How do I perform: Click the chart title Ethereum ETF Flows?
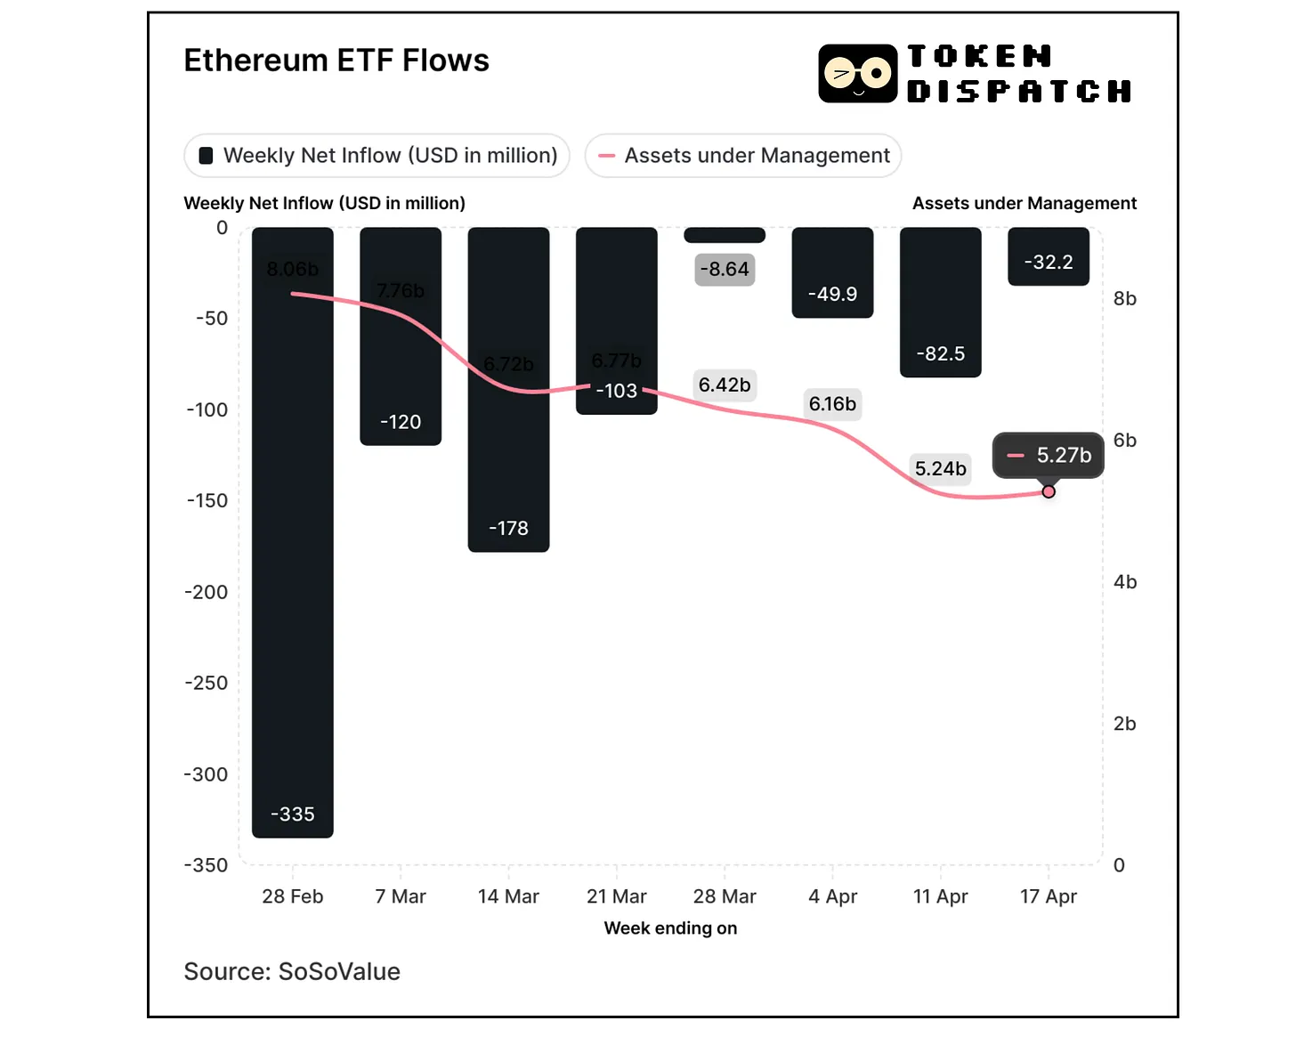(x=336, y=61)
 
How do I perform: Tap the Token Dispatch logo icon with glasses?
(x=857, y=74)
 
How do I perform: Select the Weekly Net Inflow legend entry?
(x=377, y=156)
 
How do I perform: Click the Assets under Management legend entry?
(x=743, y=156)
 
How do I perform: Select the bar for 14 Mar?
(x=508, y=445)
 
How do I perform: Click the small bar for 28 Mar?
(x=725, y=235)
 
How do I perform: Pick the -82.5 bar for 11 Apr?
(x=940, y=303)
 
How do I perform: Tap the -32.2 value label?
(x=1049, y=263)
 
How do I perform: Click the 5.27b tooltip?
(x=1049, y=456)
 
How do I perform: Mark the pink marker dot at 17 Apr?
(x=1049, y=492)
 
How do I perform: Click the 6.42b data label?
(x=725, y=385)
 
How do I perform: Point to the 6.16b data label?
(x=832, y=404)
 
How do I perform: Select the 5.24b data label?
(x=940, y=469)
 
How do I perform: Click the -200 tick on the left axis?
(x=207, y=592)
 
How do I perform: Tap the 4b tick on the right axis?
(x=1125, y=582)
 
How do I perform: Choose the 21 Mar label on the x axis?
(x=616, y=896)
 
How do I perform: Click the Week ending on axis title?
(x=670, y=928)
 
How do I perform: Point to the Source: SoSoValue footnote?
(x=292, y=971)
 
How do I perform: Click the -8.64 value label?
(x=725, y=270)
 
